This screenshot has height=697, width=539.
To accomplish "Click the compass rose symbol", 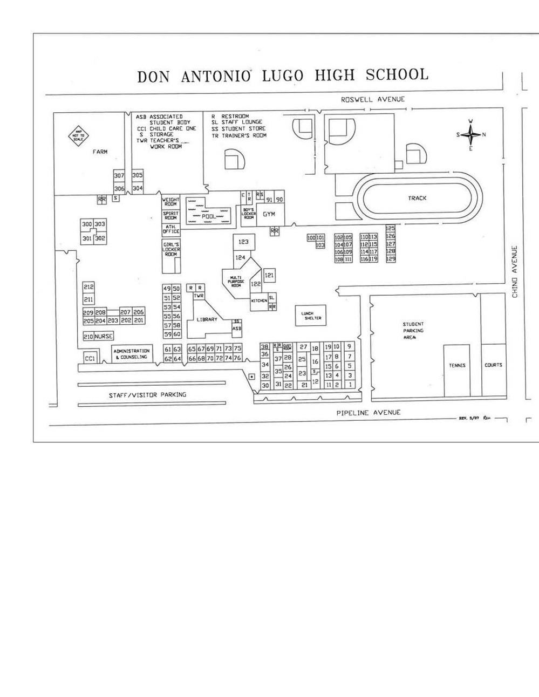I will (470, 134).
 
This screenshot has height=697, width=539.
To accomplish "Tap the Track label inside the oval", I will (417, 198).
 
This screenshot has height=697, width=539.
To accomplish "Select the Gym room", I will (269, 214).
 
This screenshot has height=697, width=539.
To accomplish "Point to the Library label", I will (207, 319).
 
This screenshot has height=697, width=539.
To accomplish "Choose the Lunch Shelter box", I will (311, 316).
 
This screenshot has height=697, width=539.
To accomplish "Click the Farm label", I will (100, 152).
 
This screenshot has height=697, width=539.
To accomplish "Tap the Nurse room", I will (104, 336).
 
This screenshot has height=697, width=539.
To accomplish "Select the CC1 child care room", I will (90, 358).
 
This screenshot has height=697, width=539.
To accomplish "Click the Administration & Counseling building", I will (132, 354).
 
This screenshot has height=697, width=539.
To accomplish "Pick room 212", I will (88, 287).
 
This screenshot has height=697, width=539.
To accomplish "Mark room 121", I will (269, 275).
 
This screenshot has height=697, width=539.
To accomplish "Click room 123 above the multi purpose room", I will (243, 242).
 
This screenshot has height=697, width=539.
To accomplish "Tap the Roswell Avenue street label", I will (372, 99).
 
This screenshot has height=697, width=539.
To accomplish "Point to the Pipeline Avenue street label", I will (368, 413).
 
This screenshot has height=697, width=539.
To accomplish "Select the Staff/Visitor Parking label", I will (147, 395).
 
